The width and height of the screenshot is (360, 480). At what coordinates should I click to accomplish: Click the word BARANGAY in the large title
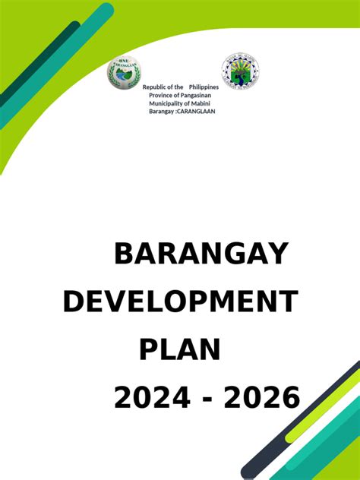(201, 254)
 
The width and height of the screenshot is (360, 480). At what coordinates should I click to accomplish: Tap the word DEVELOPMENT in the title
(180, 302)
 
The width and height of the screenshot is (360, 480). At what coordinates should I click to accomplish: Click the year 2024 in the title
(152, 397)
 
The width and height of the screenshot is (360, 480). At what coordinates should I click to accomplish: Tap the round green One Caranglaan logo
(124, 72)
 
